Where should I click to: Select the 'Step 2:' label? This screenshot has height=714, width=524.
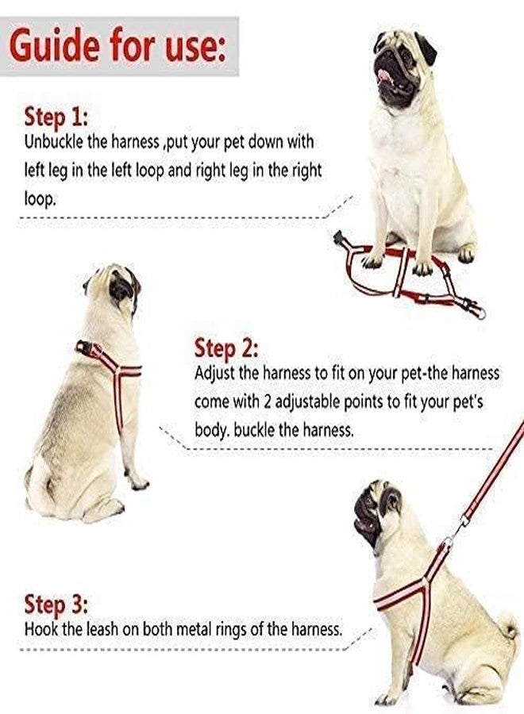coord(226,348)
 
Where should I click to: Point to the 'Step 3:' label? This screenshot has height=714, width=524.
coord(56,605)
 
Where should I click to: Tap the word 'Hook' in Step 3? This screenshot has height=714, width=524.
coord(39,630)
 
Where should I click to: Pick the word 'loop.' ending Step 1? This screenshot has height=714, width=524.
coord(40,199)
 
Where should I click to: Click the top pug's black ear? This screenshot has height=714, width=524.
coord(426,48)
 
